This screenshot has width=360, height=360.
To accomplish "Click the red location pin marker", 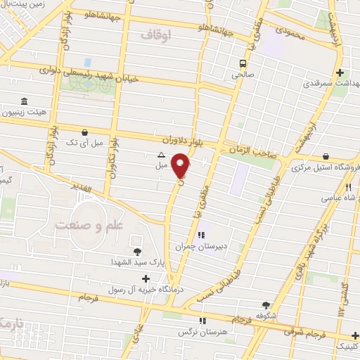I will pos(182,165).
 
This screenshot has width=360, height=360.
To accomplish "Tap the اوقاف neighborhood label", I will pos(155,34).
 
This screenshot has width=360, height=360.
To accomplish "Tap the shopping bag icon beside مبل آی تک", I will pos(85,131).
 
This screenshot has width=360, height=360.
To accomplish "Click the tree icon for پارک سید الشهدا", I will pos(136,252).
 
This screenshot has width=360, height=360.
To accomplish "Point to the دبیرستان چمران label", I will pos(225,246).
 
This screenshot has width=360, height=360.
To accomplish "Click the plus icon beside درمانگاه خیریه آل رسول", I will pos(146,278).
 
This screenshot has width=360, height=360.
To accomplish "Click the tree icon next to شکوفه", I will pos(266,304).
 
